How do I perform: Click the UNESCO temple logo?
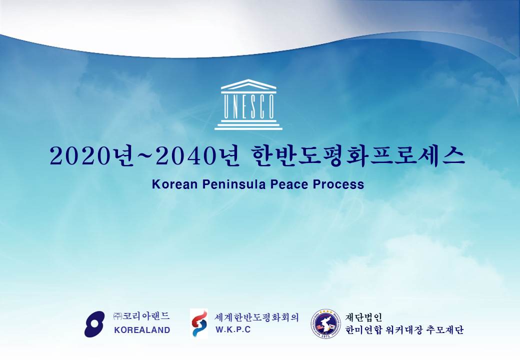pos(248,104)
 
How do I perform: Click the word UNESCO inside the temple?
pos(248,106)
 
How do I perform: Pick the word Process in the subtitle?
pos(338,184)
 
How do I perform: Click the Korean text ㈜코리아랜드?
pos(141,316)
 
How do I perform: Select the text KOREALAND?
pos(142,330)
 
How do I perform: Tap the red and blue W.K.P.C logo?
pos(198,323)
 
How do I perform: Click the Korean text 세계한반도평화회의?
pos(257,317)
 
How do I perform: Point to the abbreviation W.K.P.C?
pos(233,330)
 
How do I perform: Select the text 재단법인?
pos(364,317)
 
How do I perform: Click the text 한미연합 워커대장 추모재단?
pos(404,330)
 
